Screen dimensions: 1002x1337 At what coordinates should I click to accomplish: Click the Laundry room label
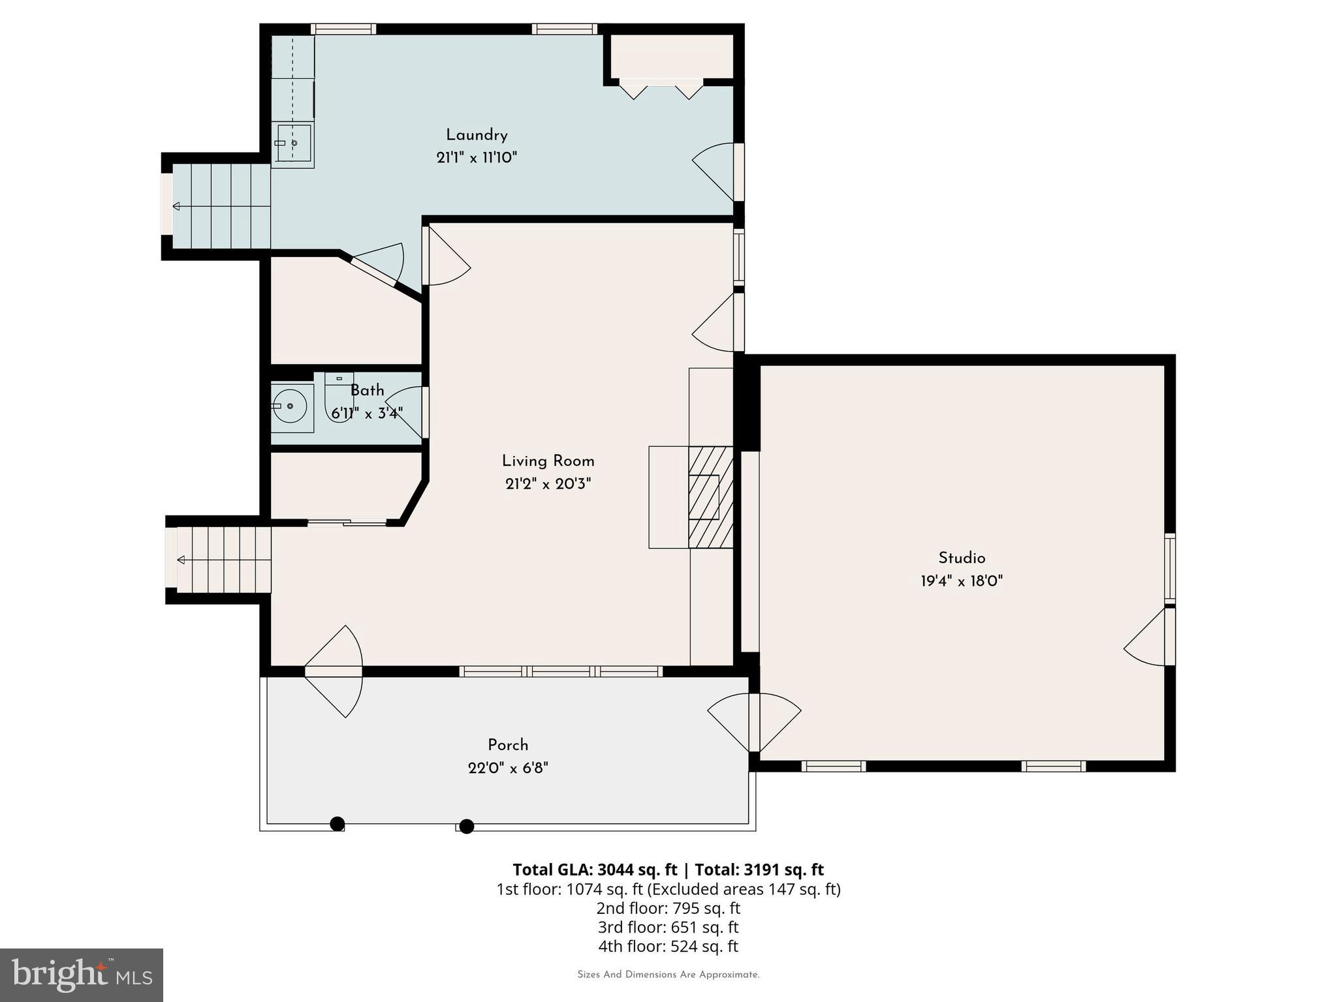pyautogui.click(x=477, y=135)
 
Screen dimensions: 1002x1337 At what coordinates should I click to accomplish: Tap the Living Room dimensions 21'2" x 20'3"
pyautogui.click(x=548, y=484)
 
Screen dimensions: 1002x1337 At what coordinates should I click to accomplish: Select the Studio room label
pyautogui.click(x=962, y=558)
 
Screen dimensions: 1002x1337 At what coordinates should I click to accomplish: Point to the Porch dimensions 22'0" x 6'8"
pyautogui.click(x=508, y=768)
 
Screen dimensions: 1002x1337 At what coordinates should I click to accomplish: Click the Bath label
pyautogui.click(x=367, y=391)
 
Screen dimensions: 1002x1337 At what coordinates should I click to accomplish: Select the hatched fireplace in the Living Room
pyautogui.click(x=710, y=497)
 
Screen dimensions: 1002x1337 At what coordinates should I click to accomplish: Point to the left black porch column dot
pyautogui.click(x=337, y=824)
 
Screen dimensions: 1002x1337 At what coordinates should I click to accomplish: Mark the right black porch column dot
pyautogui.click(x=466, y=827)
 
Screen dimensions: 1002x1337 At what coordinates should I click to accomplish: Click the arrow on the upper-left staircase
pyautogui.click(x=176, y=207)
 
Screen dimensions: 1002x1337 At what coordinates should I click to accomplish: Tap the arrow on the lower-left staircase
pyautogui.click(x=181, y=560)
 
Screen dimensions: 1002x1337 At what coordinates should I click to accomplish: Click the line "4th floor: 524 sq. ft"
pyautogui.click(x=668, y=946)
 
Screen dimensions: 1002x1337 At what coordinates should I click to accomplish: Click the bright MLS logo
pyautogui.click(x=81, y=975)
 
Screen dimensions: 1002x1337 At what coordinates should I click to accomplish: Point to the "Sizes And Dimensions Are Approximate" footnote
pyautogui.click(x=668, y=975)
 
